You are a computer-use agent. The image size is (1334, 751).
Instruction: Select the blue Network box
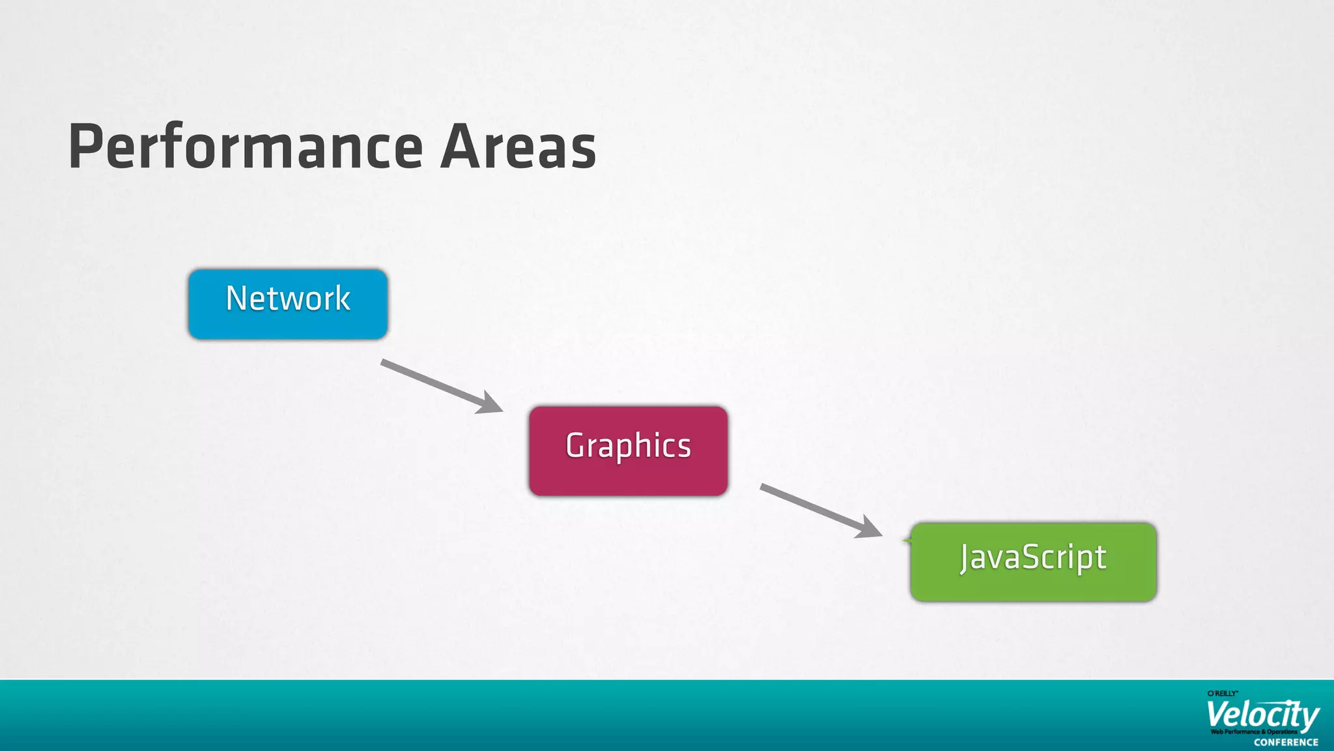[288, 304]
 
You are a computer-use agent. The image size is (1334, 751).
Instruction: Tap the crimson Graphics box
[628, 450]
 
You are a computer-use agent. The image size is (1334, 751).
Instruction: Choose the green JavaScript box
[1033, 562]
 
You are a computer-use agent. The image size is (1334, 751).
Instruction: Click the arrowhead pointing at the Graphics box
[490, 404]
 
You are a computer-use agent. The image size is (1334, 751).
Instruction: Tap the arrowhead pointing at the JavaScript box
[869, 527]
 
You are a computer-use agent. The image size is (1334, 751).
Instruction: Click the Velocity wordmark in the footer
[1262, 715]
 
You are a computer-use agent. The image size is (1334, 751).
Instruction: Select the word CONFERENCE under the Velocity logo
[1286, 743]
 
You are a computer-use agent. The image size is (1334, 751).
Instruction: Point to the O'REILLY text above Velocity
[1223, 694]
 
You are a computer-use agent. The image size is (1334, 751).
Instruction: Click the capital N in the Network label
[236, 299]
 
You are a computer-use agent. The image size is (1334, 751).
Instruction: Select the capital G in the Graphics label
[576, 446]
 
